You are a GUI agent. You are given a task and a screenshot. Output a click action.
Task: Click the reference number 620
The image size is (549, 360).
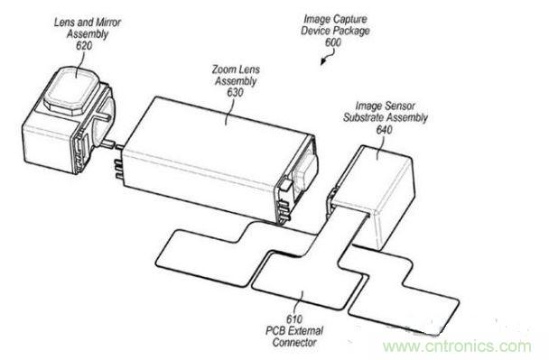84,45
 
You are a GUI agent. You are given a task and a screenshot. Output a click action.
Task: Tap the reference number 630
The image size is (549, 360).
235,93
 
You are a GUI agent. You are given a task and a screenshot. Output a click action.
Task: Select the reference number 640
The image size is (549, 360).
384,130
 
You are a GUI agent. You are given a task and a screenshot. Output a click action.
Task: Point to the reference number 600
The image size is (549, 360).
332,42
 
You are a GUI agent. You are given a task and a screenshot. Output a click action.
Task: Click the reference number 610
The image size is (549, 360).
294,319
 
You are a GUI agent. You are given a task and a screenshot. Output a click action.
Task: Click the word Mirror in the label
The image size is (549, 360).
108,23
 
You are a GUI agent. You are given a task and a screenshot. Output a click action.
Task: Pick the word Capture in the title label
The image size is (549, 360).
350,19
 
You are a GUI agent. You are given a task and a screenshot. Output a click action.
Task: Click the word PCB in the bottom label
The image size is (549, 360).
274,330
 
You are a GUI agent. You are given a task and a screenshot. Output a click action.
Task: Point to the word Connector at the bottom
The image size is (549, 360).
294,342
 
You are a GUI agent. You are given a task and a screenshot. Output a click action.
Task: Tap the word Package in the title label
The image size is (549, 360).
351,31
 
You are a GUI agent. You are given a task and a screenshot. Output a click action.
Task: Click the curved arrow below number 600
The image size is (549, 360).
329,57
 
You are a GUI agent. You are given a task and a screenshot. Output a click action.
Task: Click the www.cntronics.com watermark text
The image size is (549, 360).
457,346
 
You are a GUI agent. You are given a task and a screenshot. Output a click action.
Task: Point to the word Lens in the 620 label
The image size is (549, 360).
64,23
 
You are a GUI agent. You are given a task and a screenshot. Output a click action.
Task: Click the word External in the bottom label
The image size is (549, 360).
304,330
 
